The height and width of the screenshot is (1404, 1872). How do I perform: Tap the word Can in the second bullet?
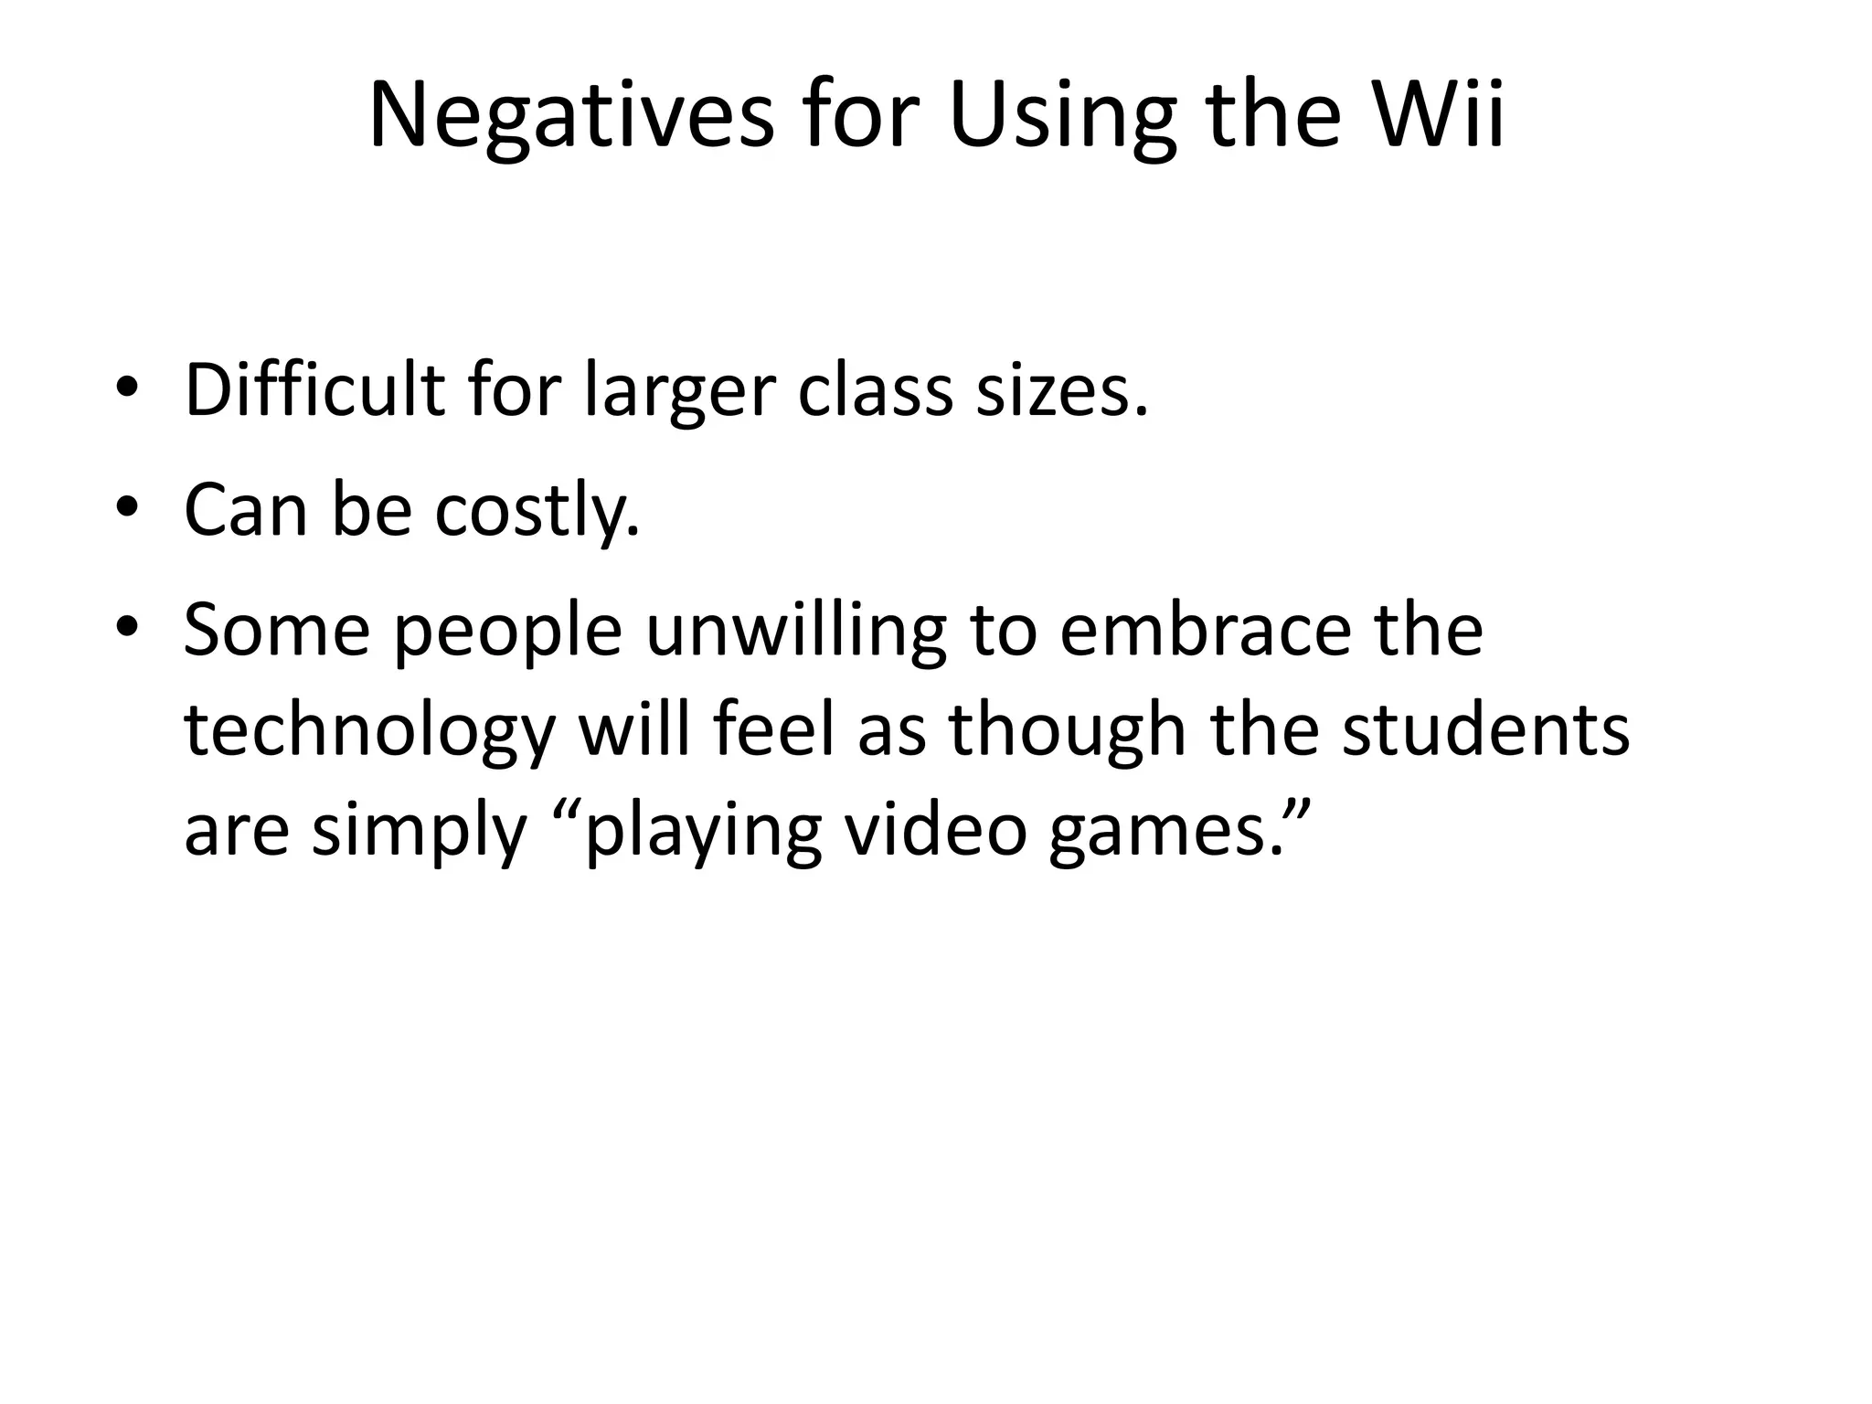click(246, 510)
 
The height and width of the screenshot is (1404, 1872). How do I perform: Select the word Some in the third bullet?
click(277, 630)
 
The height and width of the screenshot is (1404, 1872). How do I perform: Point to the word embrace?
click(1205, 630)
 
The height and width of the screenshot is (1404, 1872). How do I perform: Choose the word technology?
click(370, 732)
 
